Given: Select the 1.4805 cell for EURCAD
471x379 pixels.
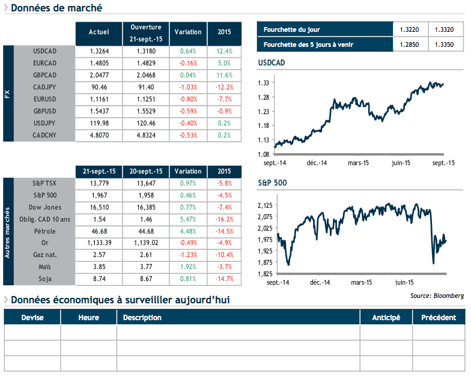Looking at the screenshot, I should (x=99, y=63).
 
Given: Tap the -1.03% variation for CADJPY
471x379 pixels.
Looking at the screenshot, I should (x=188, y=87).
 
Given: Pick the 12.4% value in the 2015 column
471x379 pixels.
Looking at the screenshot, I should (x=223, y=51).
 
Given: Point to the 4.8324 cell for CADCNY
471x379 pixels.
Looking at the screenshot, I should (x=145, y=135).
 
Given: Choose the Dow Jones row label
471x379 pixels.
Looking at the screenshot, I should (x=44, y=207).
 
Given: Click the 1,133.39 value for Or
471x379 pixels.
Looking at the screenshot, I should (x=99, y=243).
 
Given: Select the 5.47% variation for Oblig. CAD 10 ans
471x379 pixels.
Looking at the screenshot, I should (x=188, y=219).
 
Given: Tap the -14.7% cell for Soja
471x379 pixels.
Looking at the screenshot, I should (x=223, y=279).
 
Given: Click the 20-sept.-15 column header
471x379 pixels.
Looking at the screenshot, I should (x=145, y=171).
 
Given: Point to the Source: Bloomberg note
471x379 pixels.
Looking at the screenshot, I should (x=437, y=296).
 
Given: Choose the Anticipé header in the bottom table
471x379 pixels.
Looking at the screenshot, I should (x=386, y=318).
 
